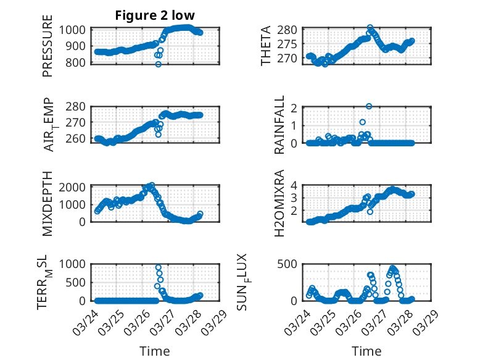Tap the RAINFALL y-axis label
pos(279,125)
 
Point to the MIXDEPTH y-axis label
pos(48,203)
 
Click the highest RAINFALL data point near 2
pos(369,106)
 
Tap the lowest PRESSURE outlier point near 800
pos(159,64)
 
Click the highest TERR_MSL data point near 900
pos(159,268)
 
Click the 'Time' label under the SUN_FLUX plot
pos(366,351)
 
